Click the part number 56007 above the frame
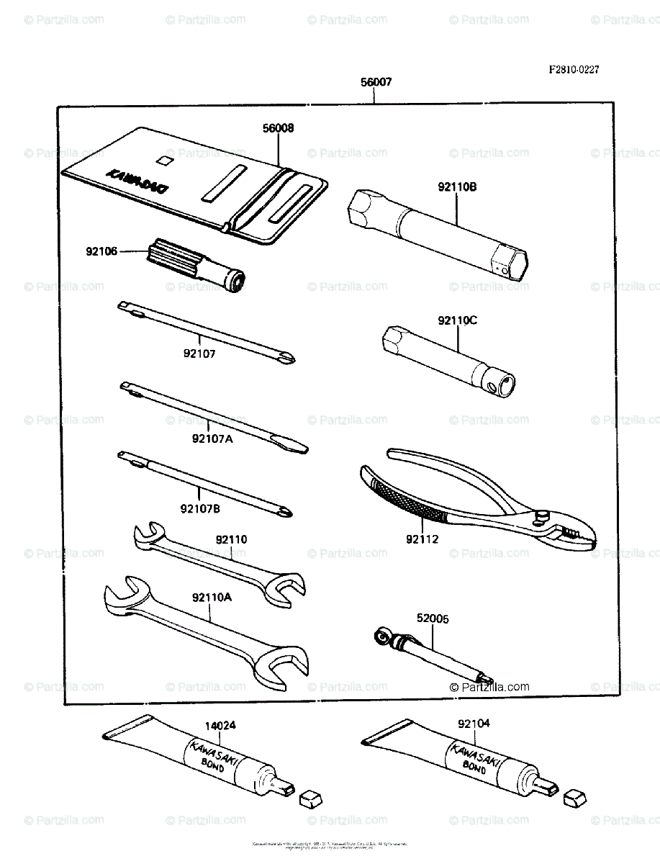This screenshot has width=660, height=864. click(376, 83)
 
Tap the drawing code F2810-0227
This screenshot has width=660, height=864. click(574, 70)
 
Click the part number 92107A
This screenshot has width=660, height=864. click(212, 438)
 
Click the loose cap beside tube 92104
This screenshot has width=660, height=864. click(574, 796)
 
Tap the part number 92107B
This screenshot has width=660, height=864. click(200, 508)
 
